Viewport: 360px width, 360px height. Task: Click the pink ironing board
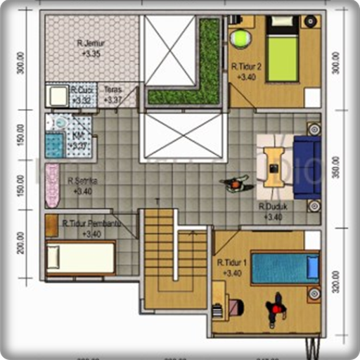point(52,184)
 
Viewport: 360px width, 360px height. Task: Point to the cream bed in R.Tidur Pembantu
point(80,257)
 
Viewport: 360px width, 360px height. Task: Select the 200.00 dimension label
point(21,241)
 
